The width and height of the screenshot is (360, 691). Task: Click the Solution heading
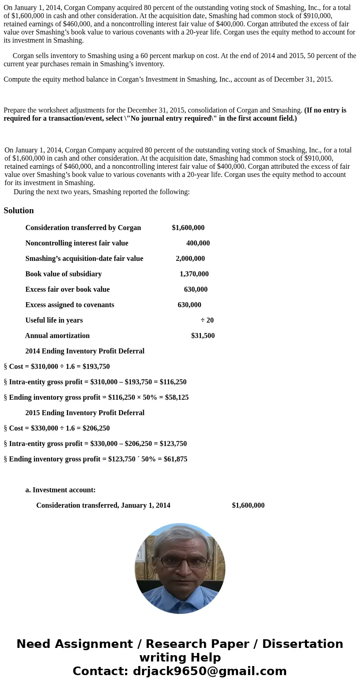(19, 211)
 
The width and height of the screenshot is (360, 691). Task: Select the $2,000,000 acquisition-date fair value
(190, 259)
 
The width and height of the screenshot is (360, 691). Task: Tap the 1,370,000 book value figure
(194, 274)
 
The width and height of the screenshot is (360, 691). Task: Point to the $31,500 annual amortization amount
(203, 336)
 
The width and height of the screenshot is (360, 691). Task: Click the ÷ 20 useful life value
(207, 320)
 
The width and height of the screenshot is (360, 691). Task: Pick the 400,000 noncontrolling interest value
(198, 243)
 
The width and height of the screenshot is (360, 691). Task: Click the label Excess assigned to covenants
(70, 305)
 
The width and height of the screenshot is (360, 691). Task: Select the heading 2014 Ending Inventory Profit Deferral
(85, 351)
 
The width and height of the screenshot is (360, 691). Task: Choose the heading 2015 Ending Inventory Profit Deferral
(85, 413)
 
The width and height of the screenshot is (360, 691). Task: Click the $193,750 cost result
(96, 367)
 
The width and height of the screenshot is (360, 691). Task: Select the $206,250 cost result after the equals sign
(96, 428)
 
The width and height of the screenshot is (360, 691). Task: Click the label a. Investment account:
(60, 490)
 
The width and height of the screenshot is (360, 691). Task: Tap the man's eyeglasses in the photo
(180, 561)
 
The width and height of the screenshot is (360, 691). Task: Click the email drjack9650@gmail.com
(209, 671)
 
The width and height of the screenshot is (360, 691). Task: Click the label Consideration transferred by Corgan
(83, 228)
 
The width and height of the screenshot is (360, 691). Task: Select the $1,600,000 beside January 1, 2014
(248, 505)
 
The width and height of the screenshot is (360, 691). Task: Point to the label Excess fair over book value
(68, 289)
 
